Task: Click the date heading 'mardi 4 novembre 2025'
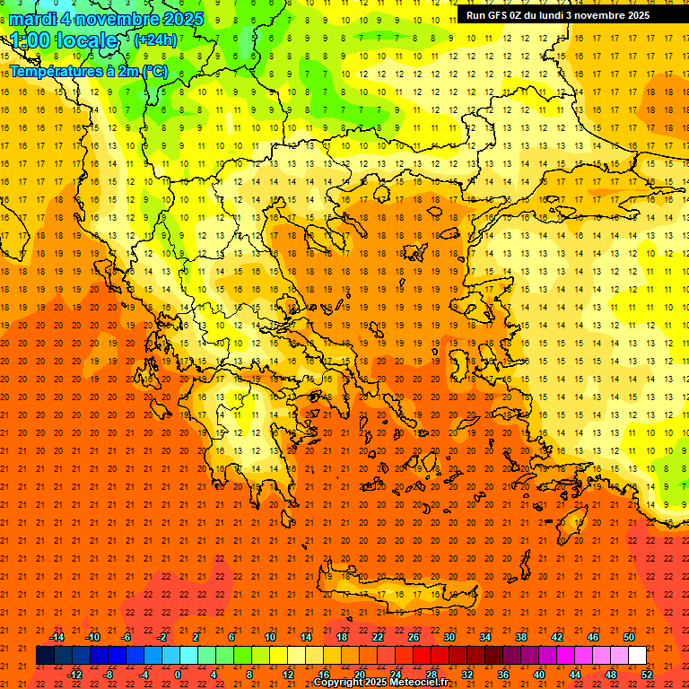click(107, 19)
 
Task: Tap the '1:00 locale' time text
click(65, 40)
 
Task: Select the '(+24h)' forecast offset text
click(155, 39)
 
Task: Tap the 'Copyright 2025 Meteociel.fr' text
click(380, 683)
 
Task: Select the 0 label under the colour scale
click(178, 675)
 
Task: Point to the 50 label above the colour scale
click(629, 637)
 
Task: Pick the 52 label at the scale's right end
click(648, 675)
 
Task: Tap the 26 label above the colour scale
click(414, 637)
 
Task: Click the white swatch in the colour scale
click(638, 656)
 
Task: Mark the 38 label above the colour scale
click(521, 637)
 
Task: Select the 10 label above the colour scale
click(269, 637)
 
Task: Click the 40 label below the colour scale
click(539, 675)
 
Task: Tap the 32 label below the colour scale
click(467, 675)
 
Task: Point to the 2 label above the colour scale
click(196, 637)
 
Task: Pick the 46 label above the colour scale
click(593, 637)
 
